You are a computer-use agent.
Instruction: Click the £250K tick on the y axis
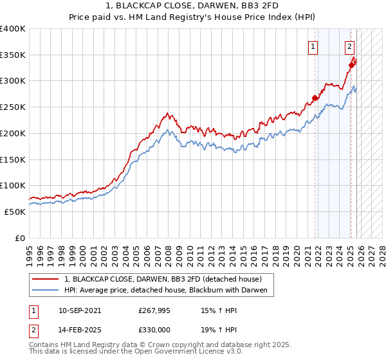[13, 107]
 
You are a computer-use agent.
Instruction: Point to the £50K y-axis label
[15, 212]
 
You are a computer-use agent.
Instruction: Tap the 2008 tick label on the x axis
[169, 251]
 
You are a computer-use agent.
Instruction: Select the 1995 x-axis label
[29, 251]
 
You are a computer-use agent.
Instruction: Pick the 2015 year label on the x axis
[244, 251]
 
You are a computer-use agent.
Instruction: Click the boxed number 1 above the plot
[313, 46]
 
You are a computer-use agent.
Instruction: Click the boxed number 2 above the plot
[349, 46]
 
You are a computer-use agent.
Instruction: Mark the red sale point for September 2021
[315, 98]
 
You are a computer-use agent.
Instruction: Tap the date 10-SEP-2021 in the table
[79, 310]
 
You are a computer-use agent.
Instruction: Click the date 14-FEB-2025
[79, 329]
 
